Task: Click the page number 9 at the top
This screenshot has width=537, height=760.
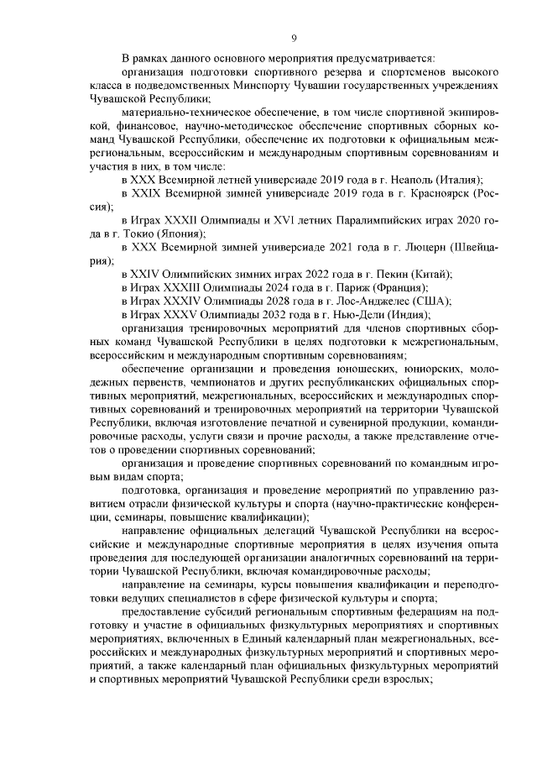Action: [x=294, y=38]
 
